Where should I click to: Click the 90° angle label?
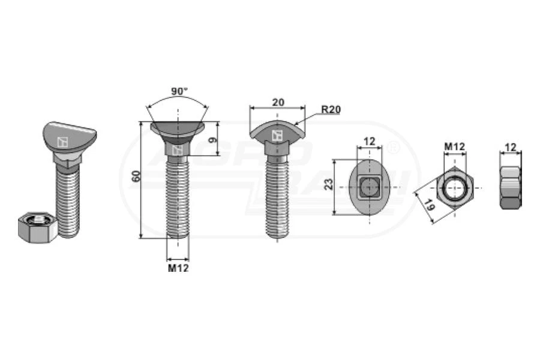[179, 92]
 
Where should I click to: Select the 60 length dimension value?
[136, 176]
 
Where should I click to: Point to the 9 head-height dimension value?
[213, 140]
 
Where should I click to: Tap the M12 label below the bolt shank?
[178, 268]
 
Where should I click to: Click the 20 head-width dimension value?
[278, 103]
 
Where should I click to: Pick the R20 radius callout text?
[331, 110]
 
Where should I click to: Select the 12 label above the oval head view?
[369, 141]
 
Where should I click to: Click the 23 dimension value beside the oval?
[329, 184]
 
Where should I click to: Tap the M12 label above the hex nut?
[455, 147]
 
